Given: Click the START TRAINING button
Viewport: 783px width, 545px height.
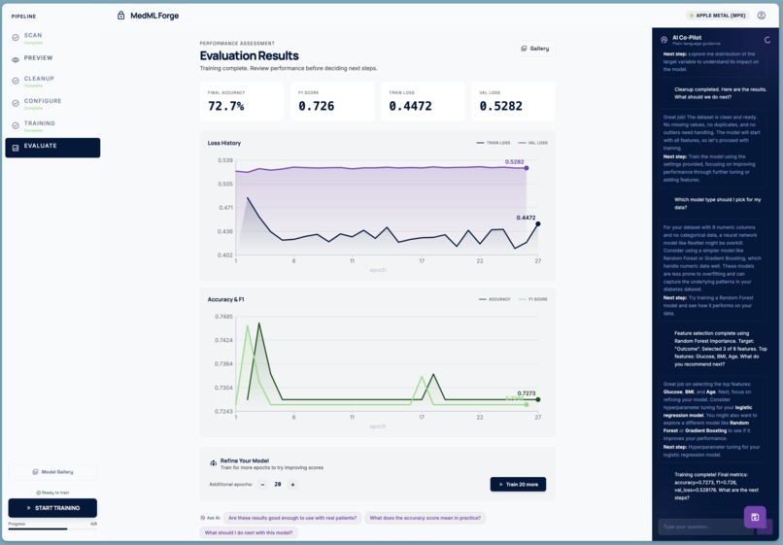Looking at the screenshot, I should pyautogui.click(x=52, y=507).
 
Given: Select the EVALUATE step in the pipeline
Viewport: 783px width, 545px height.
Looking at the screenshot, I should pyautogui.click(x=52, y=147).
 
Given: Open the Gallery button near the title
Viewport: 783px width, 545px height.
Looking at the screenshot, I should pyautogui.click(x=535, y=49).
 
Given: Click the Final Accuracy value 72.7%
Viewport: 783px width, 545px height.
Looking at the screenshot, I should pyautogui.click(x=226, y=106).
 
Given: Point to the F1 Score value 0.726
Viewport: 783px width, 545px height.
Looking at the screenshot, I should pyautogui.click(x=316, y=106).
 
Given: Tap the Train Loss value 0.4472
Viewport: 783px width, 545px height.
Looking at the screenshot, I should pyautogui.click(x=410, y=106).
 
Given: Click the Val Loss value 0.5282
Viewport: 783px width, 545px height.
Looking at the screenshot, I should pyautogui.click(x=500, y=106).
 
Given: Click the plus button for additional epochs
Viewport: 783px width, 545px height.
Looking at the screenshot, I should pyautogui.click(x=292, y=484).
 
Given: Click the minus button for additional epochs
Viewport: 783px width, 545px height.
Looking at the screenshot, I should pyautogui.click(x=262, y=484).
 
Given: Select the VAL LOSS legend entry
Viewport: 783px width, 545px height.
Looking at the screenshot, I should pyautogui.click(x=532, y=143).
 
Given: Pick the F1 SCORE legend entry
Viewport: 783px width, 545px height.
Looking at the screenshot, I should pyautogui.click(x=532, y=299).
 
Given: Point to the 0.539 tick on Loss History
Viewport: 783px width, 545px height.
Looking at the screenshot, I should pyautogui.click(x=224, y=160).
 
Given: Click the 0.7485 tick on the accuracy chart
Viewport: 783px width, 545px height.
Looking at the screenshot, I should pyautogui.click(x=222, y=317).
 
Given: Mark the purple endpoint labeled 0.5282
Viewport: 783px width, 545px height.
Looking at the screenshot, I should pyautogui.click(x=527, y=168).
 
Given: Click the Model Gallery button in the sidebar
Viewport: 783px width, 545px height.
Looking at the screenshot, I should pyautogui.click(x=52, y=471).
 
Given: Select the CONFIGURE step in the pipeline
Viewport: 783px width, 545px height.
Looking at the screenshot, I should pyautogui.click(x=43, y=102).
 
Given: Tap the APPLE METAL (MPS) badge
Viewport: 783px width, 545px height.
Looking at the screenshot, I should pyautogui.click(x=718, y=16).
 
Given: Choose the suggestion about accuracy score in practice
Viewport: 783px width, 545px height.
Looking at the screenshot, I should pyautogui.click(x=425, y=518).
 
